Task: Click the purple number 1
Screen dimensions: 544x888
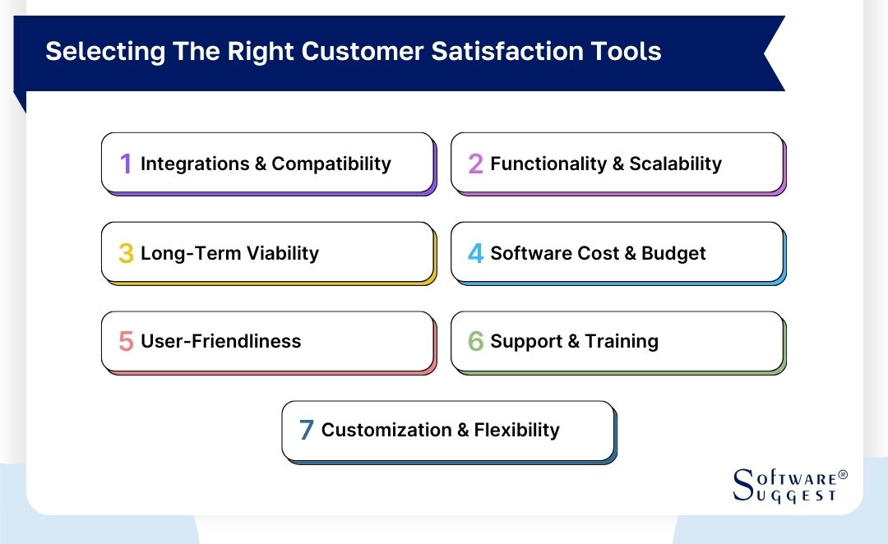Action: (126, 164)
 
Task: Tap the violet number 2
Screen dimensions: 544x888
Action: (475, 164)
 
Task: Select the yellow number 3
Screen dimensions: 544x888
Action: (126, 253)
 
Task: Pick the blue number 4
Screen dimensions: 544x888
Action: (475, 253)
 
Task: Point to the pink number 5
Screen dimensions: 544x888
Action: (126, 341)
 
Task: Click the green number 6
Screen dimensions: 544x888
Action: (475, 341)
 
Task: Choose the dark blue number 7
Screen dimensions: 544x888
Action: (306, 430)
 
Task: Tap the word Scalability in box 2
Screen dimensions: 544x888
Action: (675, 164)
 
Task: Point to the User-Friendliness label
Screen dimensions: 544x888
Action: (220, 341)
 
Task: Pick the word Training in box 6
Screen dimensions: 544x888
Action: (622, 341)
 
